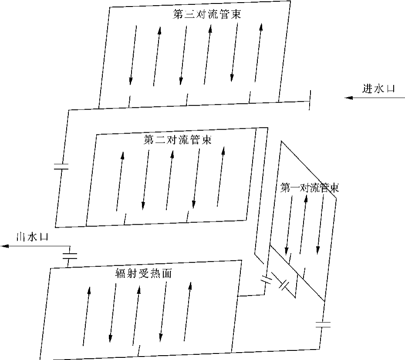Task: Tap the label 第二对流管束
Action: [x=177, y=140]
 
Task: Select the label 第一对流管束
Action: [x=310, y=188]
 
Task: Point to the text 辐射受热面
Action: [x=142, y=273]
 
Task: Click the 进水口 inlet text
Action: [x=378, y=88]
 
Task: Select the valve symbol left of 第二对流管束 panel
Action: [x=61, y=166]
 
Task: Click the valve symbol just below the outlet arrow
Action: [x=70, y=255]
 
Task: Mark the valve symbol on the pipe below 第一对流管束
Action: [x=323, y=324]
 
